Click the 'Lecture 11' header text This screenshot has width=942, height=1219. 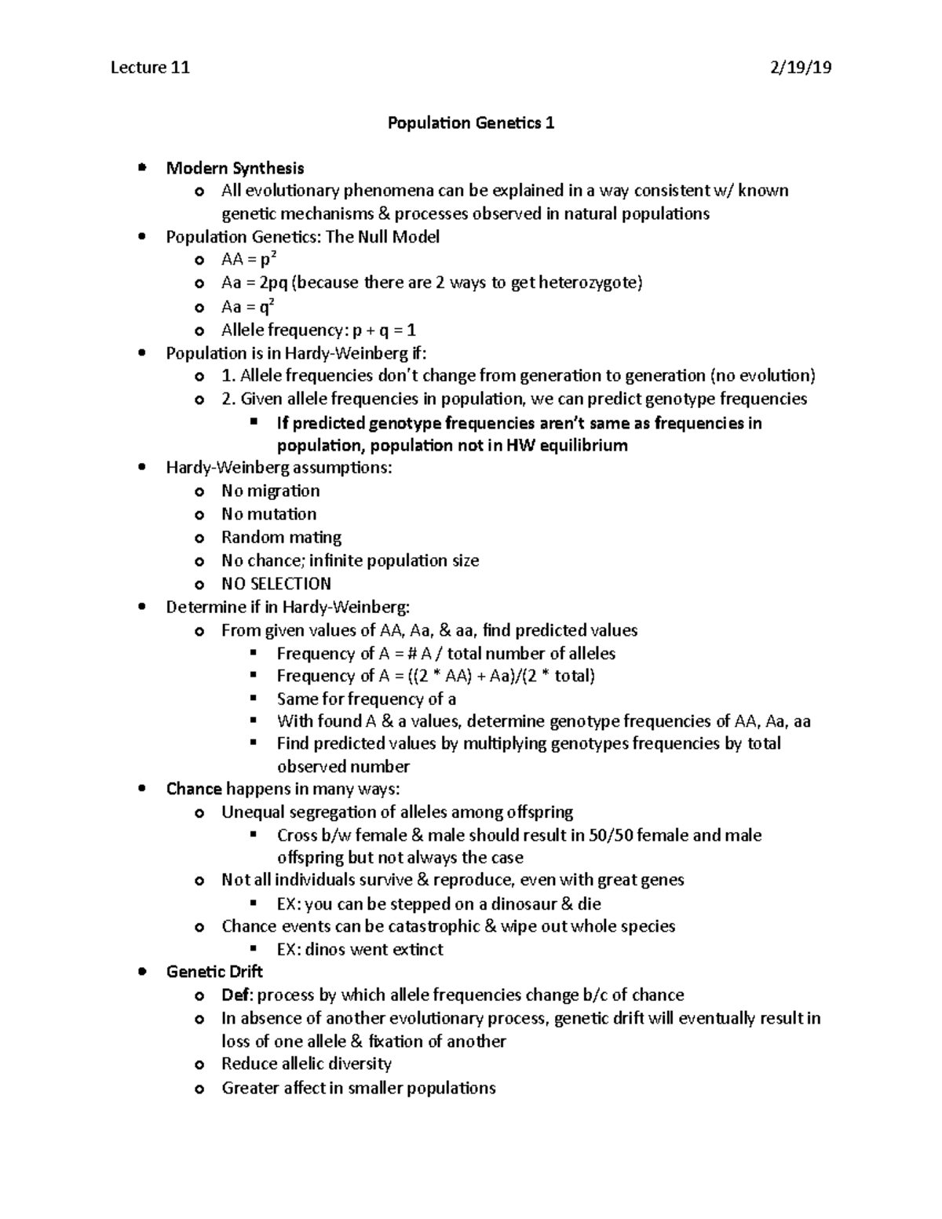tap(150, 68)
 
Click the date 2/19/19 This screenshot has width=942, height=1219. tap(801, 68)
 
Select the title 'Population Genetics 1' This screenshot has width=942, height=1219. tap(471, 123)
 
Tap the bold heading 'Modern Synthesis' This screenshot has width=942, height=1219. tap(235, 168)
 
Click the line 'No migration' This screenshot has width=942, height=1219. tap(270, 491)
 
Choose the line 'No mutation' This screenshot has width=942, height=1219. tap(268, 514)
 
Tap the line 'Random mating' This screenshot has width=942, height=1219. tap(281, 538)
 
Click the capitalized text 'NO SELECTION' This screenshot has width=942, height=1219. tap(276, 584)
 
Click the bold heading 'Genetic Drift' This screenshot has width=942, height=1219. tap(214, 972)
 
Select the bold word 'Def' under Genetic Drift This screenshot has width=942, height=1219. tap(235, 995)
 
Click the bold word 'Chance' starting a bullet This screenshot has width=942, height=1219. tap(194, 789)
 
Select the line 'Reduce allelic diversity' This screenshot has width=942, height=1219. tap(306, 1064)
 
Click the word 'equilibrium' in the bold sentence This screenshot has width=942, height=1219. tap(581, 446)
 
